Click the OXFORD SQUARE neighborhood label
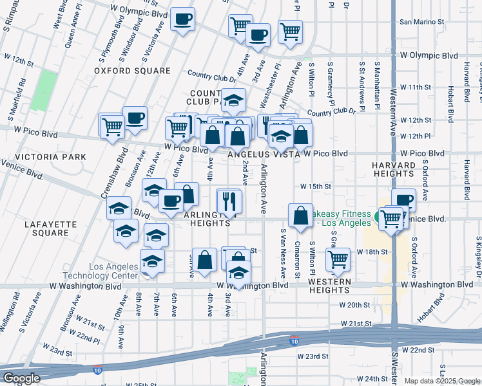click(132, 71)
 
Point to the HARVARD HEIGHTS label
click(393, 169)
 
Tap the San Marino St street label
click(422, 22)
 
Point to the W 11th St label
click(414, 87)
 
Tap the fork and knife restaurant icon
click(229, 201)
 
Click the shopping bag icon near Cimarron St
click(301, 216)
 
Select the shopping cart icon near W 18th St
click(338, 259)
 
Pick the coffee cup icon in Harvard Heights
click(403, 199)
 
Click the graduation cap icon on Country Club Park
click(233, 99)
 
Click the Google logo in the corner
click(21, 378)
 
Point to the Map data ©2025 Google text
click(442, 381)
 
